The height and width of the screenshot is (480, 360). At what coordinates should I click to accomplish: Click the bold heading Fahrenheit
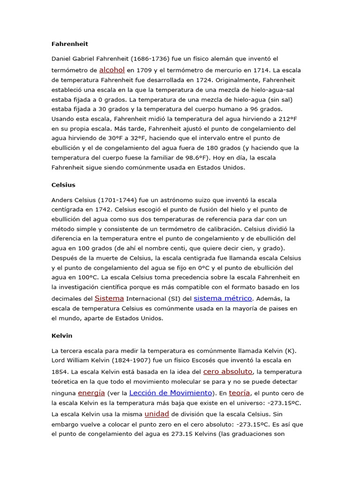pos(70,44)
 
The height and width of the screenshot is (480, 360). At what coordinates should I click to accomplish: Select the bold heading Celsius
pos(63,185)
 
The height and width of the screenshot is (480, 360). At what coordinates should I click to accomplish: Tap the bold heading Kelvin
pos(61,336)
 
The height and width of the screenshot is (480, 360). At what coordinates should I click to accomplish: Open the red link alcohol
pos(112,70)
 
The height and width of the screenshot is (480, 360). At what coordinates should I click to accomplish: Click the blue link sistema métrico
pos(223,298)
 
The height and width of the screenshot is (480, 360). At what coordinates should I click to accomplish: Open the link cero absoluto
pos(228,371)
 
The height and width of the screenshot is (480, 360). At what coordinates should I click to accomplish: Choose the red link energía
pos(91,393)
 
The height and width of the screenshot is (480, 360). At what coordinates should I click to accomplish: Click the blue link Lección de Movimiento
pos(171,393)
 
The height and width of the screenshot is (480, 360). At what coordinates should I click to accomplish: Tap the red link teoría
pos(240,393)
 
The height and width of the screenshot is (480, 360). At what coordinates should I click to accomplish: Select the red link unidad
pos(157,414)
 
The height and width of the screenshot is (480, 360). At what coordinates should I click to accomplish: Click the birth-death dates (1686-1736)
pos(152,59)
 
